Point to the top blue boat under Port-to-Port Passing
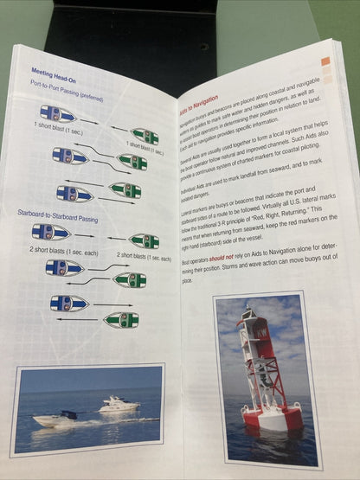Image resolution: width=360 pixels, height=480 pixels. click(57, 113)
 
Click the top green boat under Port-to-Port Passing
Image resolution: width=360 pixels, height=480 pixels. click(143, 136)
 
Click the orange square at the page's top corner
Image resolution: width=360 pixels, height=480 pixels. click(325, 62)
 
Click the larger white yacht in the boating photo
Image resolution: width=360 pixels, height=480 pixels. click(118, 403)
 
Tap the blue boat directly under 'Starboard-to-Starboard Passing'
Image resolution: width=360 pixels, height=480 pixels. click(51, 232)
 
